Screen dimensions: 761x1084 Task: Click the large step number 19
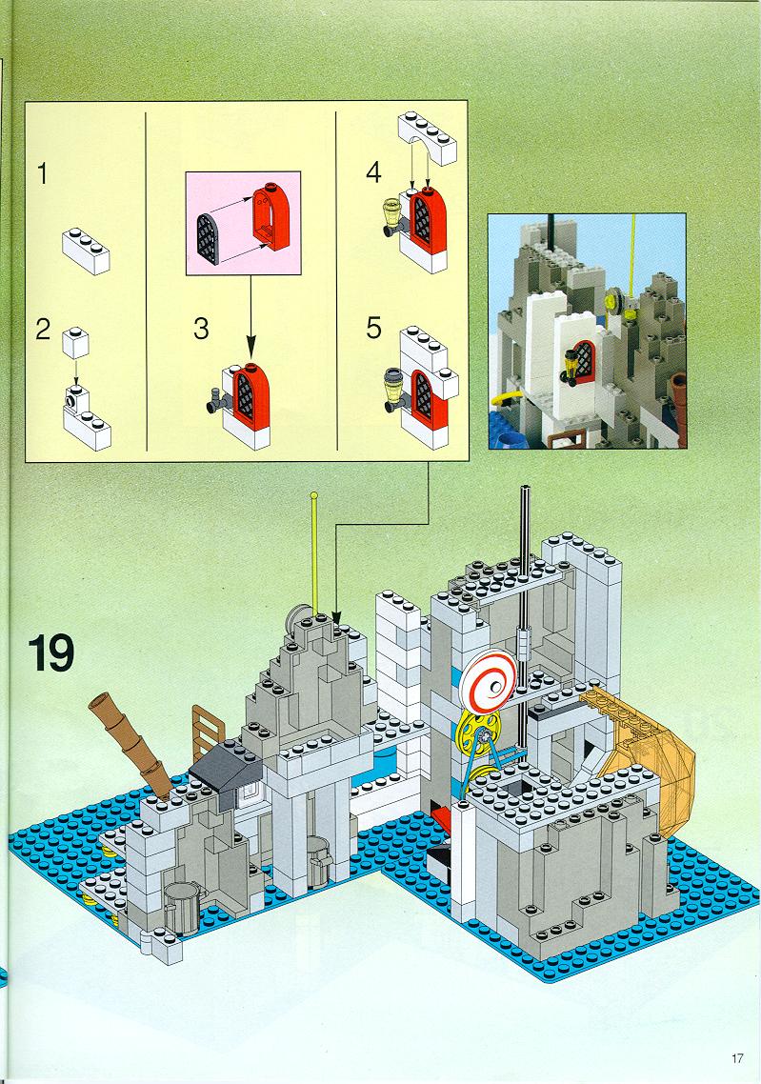[x=51, y=654]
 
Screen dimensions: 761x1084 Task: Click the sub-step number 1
[x=43, y=173]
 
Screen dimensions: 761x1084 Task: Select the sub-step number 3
[x=200, y=329]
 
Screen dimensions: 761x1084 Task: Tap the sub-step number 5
[x=374, y=328]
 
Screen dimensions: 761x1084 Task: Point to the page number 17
[x=737, y=1058]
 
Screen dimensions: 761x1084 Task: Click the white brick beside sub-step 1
[x=87, y=251]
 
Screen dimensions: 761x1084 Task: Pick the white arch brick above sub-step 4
[x=427, y=138]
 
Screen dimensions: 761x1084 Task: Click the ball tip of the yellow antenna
[x=314, y=495]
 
